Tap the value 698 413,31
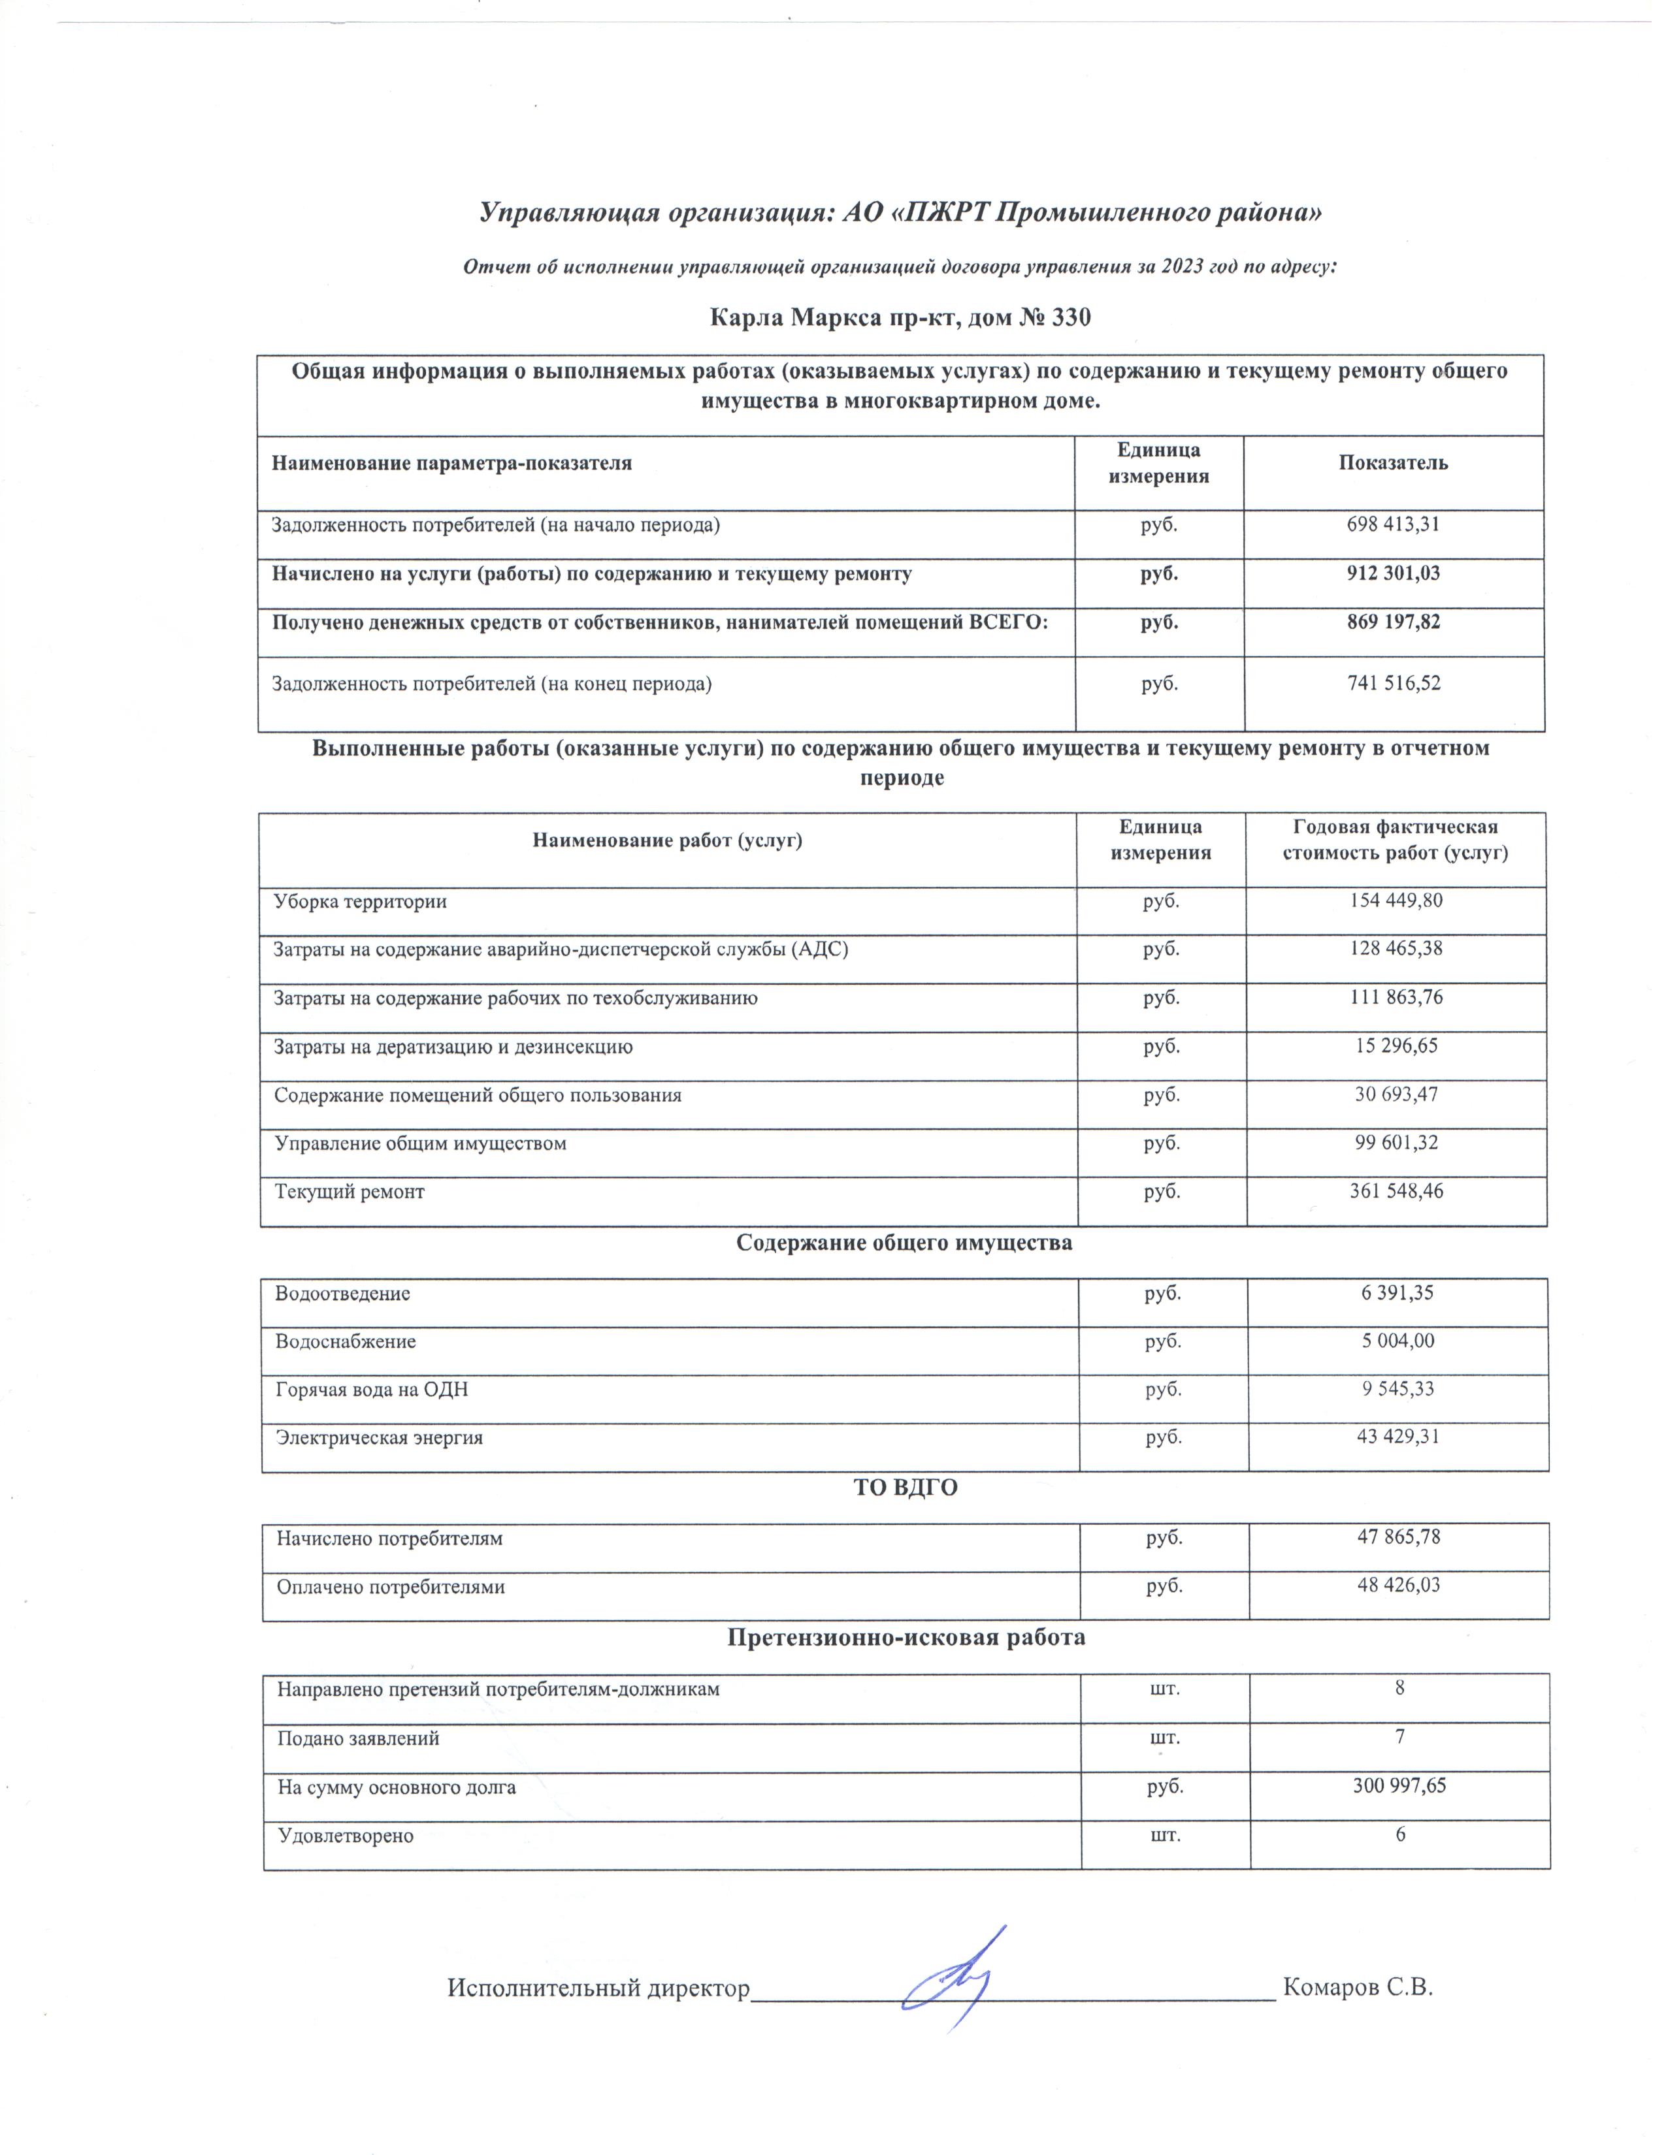[x=1393, y=525]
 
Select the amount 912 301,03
[x=1393, y=573]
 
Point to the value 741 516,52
[x=1394, y=683]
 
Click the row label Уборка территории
[x=360, y=901]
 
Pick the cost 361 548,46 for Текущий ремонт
[x=1396, y=1191]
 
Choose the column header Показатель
[x=1393, y=463]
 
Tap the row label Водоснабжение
[x=346, y=1341]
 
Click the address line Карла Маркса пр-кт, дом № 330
[x=900, y=318]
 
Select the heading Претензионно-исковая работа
[x=906, y=1638]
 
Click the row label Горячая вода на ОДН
[x=372, y=1389]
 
